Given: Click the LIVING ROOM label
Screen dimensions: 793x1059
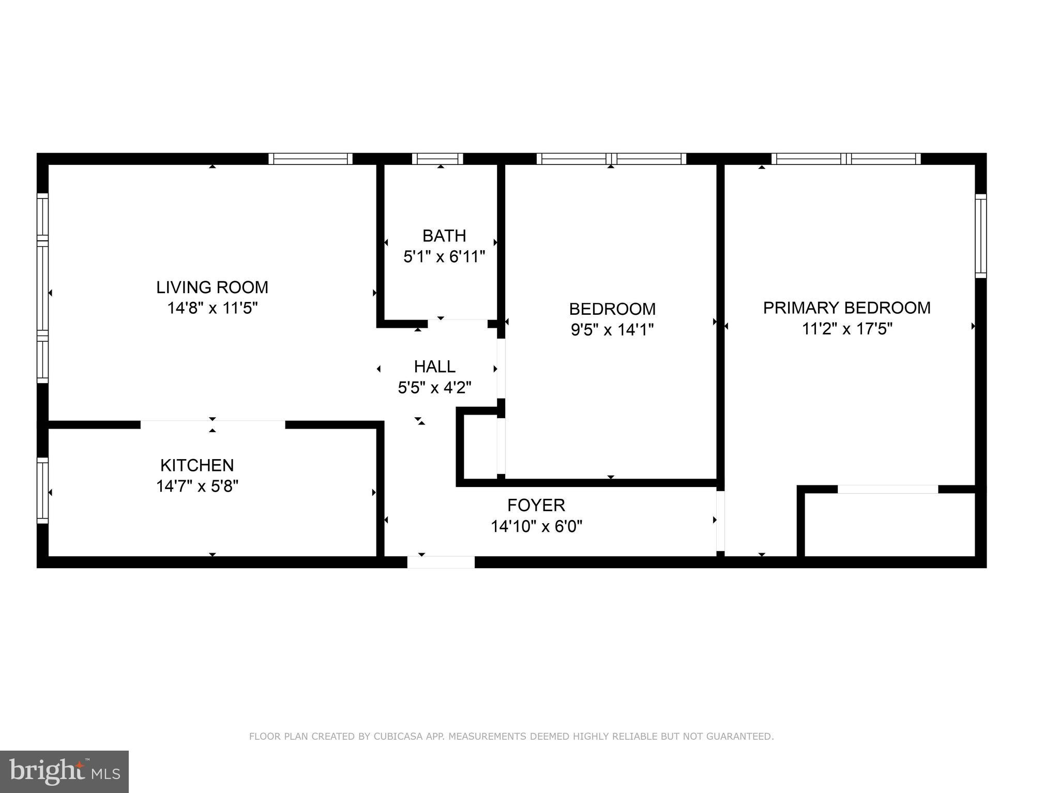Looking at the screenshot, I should click(212, 287).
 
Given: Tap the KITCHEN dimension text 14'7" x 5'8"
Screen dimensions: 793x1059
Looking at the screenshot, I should click(197, 486).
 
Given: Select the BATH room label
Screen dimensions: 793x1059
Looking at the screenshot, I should click(444, 236).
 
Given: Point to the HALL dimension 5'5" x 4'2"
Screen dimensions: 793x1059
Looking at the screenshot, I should click(434, 388).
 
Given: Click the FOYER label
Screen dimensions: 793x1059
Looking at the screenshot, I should click(536, 505).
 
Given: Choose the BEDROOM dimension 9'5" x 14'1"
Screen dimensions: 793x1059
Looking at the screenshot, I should click(612, 330).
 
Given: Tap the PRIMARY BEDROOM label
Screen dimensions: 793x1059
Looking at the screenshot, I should click(846, 308).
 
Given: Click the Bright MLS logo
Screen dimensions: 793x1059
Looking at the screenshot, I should click(64, 771).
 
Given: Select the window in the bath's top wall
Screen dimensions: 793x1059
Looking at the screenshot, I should click(437, 159).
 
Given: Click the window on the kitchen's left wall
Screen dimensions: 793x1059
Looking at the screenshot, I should click(42, 491).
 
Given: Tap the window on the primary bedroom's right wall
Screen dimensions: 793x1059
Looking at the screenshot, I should click(980, 236).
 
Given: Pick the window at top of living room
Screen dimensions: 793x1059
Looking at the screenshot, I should click(310, 159).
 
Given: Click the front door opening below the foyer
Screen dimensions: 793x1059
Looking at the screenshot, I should click(441, 562).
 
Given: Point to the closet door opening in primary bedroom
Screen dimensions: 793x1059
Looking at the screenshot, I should click(887, 489).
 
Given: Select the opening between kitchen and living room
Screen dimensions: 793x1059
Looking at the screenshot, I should click(213, 424).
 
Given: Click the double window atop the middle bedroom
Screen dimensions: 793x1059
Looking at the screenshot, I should click(611, 159).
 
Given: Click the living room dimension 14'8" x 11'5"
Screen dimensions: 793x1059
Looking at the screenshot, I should click(212, 308).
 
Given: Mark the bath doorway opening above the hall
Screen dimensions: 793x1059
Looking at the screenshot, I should click(457, 324).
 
